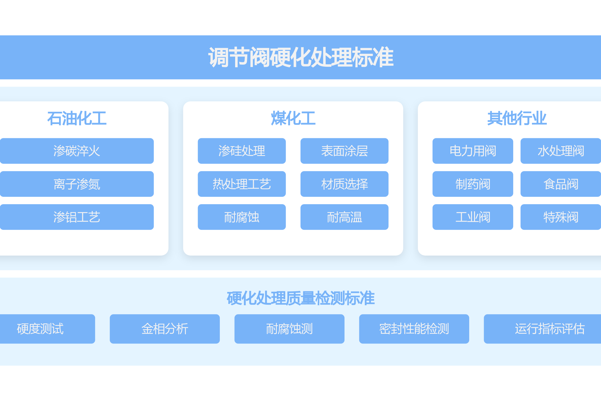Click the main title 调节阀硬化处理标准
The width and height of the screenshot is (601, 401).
(x=301, y=57)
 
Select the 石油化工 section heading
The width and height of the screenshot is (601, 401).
(x=77, y=118)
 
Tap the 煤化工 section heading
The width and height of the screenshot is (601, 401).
(x=293, y=118)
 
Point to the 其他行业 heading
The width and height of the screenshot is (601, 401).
(x=517, y=118)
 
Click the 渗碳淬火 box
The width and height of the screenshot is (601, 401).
(x=77, y=151)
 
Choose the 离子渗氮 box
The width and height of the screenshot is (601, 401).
(x=77, y=184)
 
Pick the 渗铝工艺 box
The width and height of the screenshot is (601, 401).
(x=77, y=217)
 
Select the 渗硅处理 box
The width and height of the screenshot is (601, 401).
(x=242, y=151)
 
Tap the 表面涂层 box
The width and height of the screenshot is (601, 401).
(x=344, y=151)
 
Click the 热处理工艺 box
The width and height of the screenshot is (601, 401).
(x=242, y=184)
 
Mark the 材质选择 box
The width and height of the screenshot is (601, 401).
(x=344, y=184)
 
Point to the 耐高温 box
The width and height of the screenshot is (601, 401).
(x=344, y=217)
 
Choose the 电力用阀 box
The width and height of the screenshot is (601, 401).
(x=473, y=151)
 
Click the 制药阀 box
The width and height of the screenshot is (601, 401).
(x=473, y=184)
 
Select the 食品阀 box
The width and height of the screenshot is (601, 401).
(x=561, y=184)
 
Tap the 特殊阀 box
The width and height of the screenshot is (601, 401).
(x=561, y=217)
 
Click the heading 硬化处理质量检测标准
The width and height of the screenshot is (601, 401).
(x=301, y=298)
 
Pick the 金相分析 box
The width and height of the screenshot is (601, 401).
(x=165, y=329)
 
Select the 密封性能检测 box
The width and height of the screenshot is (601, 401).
(x=414, y=329)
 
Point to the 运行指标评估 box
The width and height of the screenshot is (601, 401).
(x=550, y=329)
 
